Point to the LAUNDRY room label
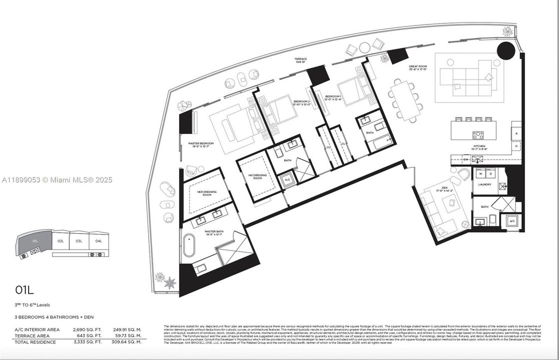click(x=484, y=184)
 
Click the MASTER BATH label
click(x=213, y=232)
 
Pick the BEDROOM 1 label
click(x=333, y=97)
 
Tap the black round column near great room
click(x=505, y=50)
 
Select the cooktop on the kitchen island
click(x=478, y=134)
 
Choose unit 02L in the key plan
click(x=60, y=241)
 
